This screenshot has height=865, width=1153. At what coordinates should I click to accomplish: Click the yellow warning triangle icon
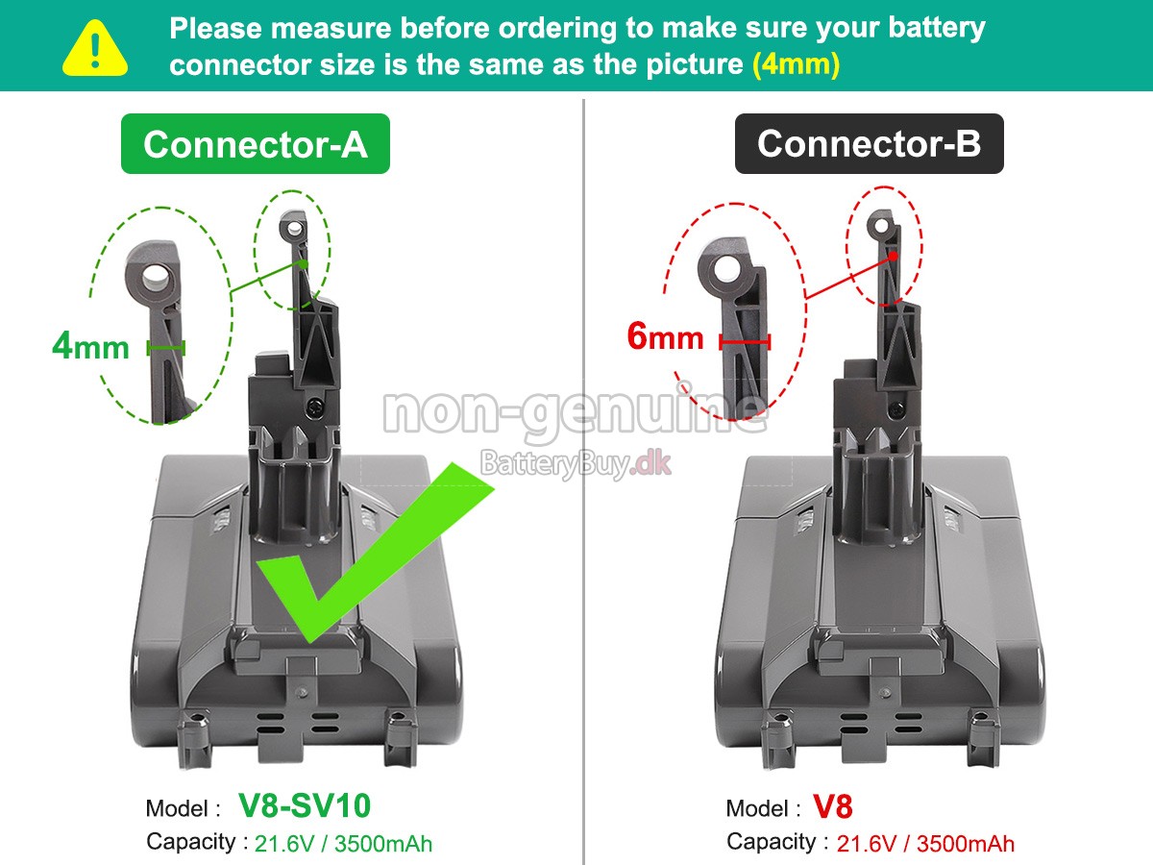coord(95,47)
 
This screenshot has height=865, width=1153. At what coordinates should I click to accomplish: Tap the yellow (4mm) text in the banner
coord(796,64)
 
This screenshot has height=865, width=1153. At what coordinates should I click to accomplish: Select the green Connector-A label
coord(255,144)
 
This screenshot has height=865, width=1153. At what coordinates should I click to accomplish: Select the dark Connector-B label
coord(869,144)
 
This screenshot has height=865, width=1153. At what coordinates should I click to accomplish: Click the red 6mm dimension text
coord(665,337)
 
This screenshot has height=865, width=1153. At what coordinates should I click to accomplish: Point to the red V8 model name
coord(832,806)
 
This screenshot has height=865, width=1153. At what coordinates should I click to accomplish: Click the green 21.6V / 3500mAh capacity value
coord(343,844)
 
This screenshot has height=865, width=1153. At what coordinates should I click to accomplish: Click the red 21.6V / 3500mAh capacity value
coord(924,844)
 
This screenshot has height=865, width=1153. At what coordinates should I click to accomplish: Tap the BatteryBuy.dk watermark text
coord(575,464)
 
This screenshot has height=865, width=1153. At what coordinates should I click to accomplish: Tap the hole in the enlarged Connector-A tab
coord(156,278)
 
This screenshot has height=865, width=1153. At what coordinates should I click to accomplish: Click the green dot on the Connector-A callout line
coord(304,261)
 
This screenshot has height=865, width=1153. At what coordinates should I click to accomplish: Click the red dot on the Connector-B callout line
coord(893,256)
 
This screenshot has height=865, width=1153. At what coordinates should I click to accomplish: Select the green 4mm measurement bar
coord(165,347)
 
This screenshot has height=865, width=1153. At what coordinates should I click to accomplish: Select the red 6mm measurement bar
coord(745,341)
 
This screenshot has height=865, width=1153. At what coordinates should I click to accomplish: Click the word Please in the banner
coord(216,28)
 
